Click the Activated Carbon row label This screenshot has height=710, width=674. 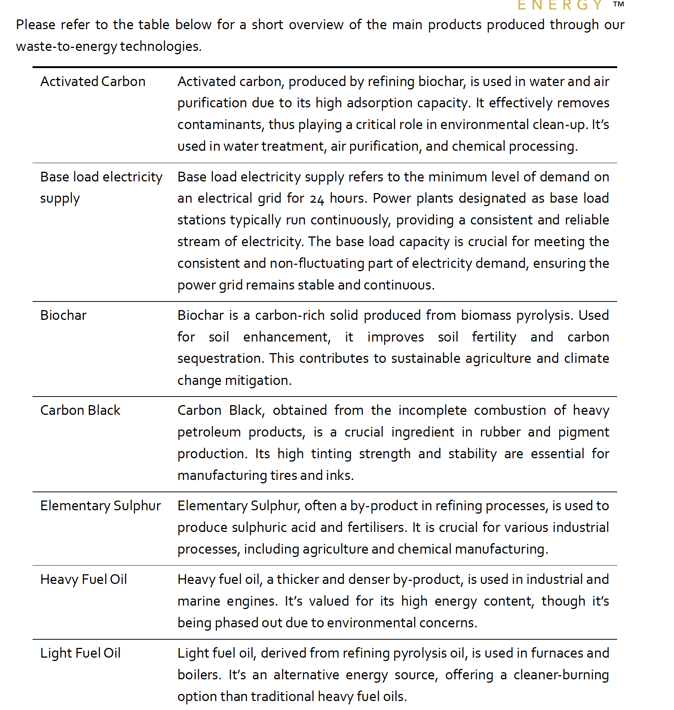click(93, 82)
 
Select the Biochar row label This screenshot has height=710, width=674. click(63, 315)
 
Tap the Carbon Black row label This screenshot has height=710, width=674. click(80, 410)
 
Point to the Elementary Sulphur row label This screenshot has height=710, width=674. click(100, 506)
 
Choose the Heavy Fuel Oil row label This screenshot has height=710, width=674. click(83, 579)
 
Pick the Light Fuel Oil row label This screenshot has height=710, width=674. click(80, 653)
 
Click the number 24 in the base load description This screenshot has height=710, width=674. click(316, 199)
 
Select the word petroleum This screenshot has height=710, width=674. click(209, 432)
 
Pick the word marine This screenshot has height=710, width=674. click(199, 601)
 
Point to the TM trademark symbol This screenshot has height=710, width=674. click(618, 4)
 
